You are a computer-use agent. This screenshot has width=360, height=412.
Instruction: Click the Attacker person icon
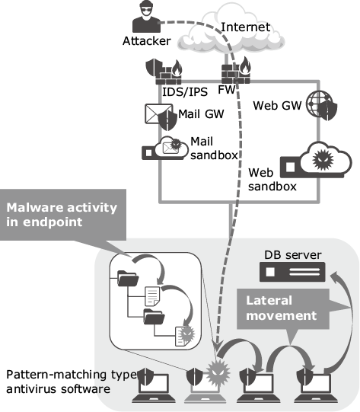pos(146,16)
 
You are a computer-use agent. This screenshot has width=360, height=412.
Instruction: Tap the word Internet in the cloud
pos(245,27)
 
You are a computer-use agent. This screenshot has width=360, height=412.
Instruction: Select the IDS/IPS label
pos(185,92)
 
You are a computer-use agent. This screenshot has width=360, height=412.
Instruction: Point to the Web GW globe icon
pos(321,105)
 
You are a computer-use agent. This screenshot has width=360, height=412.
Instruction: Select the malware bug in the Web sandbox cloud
pos(323,159)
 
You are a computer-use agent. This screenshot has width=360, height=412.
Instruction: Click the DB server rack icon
pos(292,272)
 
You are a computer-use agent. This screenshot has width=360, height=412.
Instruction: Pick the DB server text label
pos(293,255)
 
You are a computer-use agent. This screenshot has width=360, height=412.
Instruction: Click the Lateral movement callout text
pos(282,308)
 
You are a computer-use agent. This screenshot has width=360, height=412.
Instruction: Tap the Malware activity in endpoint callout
pos(62,215)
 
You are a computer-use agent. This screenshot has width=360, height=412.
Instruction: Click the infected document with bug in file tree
pos(185,336)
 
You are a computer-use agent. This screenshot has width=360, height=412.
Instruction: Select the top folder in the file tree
pos(128,278)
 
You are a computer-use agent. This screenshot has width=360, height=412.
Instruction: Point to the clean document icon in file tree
pos(152,296)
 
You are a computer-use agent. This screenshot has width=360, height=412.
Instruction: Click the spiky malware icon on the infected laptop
pos(218,373)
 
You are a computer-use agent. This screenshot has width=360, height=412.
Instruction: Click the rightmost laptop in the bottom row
pos(317,386)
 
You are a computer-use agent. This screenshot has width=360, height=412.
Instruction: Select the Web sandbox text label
pos(272,180)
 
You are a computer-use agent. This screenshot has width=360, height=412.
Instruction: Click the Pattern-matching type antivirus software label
pos(72,382)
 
